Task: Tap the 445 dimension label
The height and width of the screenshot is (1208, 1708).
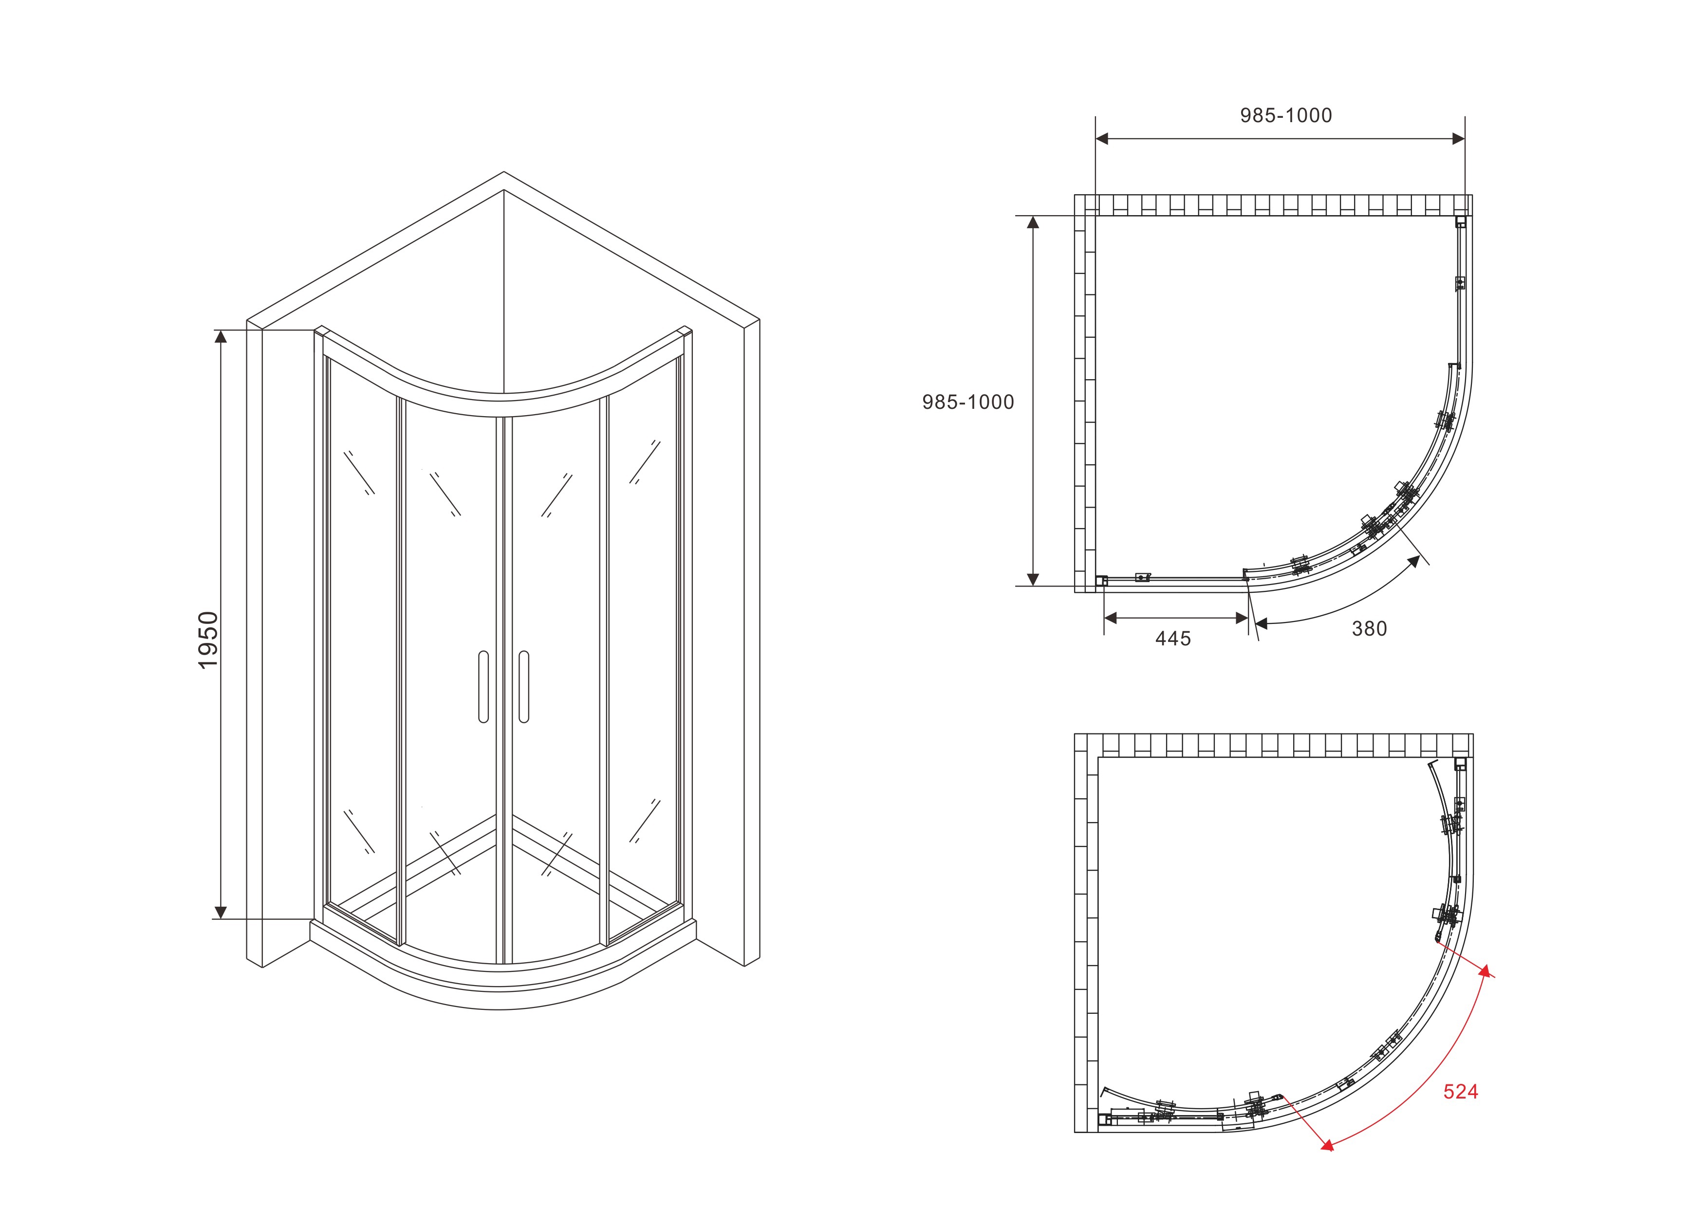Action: pyautogui.click(x=1173, y=638)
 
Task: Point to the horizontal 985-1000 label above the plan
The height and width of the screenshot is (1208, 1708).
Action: pyautogui.click(x=1286, y=115)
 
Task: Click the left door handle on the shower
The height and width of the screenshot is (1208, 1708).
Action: pyautogui.click(x=483, y=687)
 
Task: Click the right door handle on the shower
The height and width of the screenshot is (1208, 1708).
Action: pyautogui.click(x=524, y=687)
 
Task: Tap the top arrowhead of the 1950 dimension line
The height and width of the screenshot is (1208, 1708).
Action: pyautogui.click(x=220, y=336)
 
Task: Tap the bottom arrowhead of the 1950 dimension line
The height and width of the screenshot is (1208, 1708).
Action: pyautogui.click(x=220, y=912)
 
